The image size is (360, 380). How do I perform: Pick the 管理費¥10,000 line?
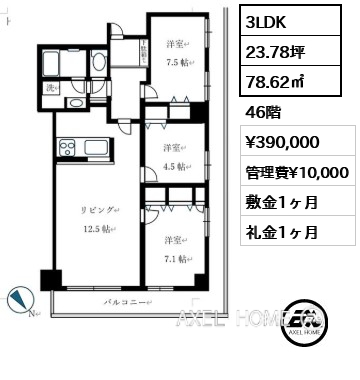click(x=297, y=174)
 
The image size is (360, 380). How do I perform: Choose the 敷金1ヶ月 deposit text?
click(x=282, y=204)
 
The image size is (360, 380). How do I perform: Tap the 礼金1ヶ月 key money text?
click(x=282, y=233)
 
